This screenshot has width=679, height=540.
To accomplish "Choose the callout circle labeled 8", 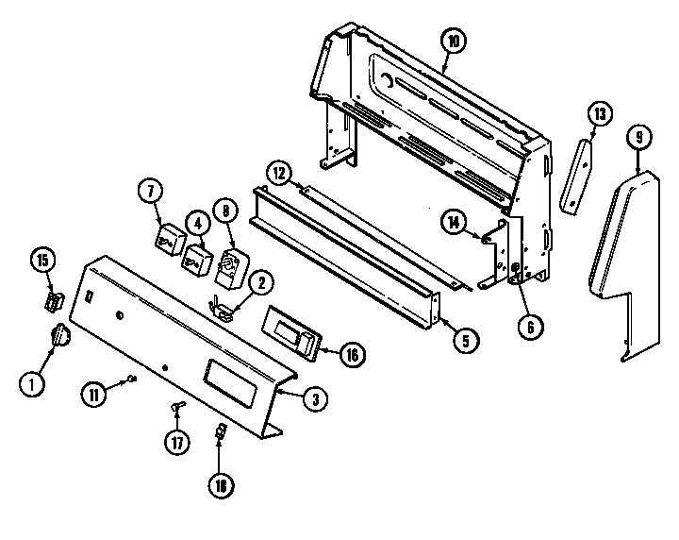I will [x=225, y=212].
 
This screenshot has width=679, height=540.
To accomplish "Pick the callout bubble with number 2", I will [x=261, y=280].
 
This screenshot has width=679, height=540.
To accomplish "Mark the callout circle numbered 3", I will [x=315, y=398].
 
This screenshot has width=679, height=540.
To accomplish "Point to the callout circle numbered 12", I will [x=277, y=174].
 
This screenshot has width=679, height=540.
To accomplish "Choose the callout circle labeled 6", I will [x=530, y=327].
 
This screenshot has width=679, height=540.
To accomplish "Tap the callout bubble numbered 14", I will [x=454, y=223].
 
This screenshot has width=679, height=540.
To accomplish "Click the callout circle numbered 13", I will [x=598, y=113].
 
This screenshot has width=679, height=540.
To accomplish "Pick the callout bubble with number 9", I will [x=639, y=137].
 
